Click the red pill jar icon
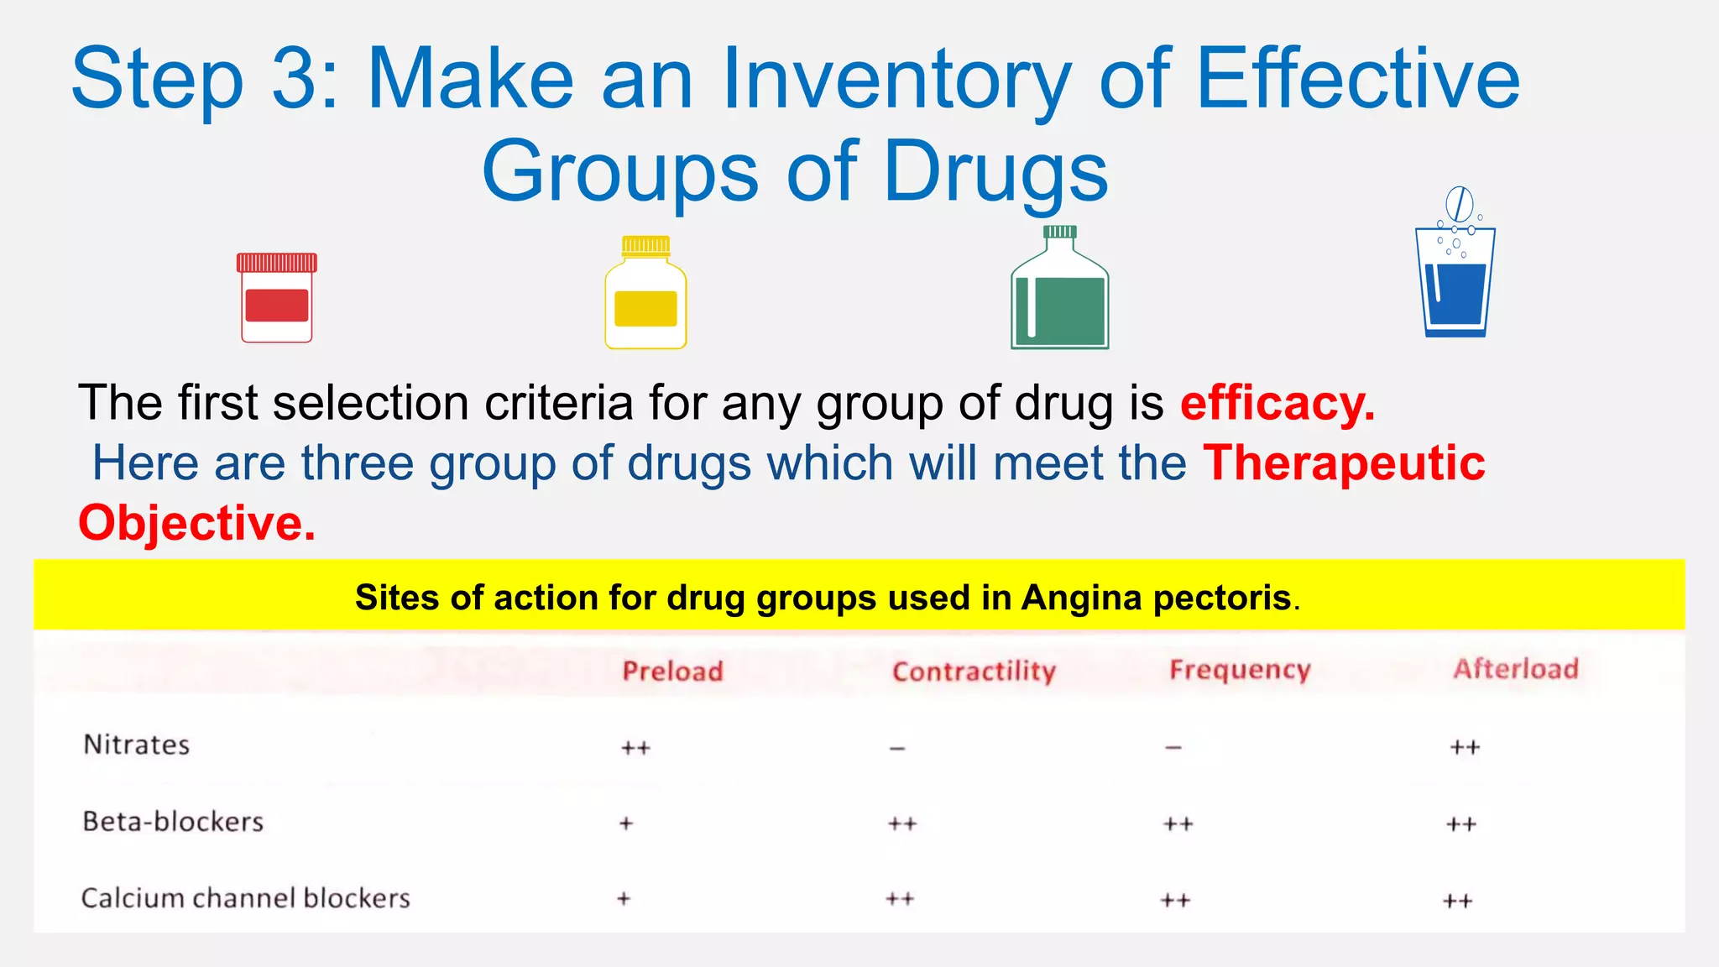coord(277,298)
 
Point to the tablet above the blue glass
coord(1460,203)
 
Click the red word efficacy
coord(1277,404)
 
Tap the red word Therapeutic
coord(1343,463)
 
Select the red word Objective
coord(196,523)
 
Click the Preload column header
coord(672,672)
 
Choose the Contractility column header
coord(974,672)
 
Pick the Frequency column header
coord(1240,670)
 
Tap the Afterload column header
coord(1516,669)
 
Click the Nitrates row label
coord(137,745)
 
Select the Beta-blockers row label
coord(173,821)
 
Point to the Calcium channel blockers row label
coord(245,898)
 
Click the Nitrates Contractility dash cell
coord(897,748)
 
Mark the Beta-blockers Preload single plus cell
coord(625,823)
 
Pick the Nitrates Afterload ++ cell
coord(1465,747)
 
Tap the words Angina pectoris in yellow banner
coord(1156,598)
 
